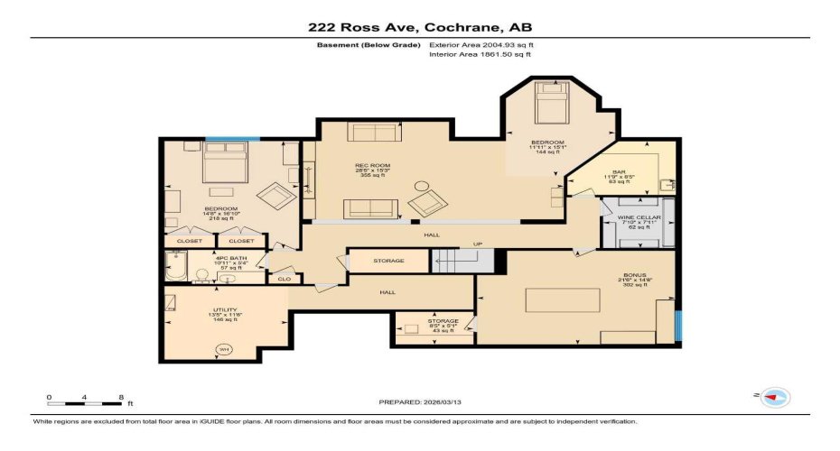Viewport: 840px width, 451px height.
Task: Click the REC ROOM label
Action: pos(371,166)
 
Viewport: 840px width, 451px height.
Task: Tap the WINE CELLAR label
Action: pos(639,218)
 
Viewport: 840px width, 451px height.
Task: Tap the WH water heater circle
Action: pos(222,350)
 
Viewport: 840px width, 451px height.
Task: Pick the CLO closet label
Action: pos(284,280)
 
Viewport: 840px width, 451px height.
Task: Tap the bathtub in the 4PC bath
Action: pos(175,267)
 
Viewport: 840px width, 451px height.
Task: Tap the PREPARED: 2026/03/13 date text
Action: pos(420,401)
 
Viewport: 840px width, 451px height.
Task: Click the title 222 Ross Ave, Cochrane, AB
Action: pos(419,28)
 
